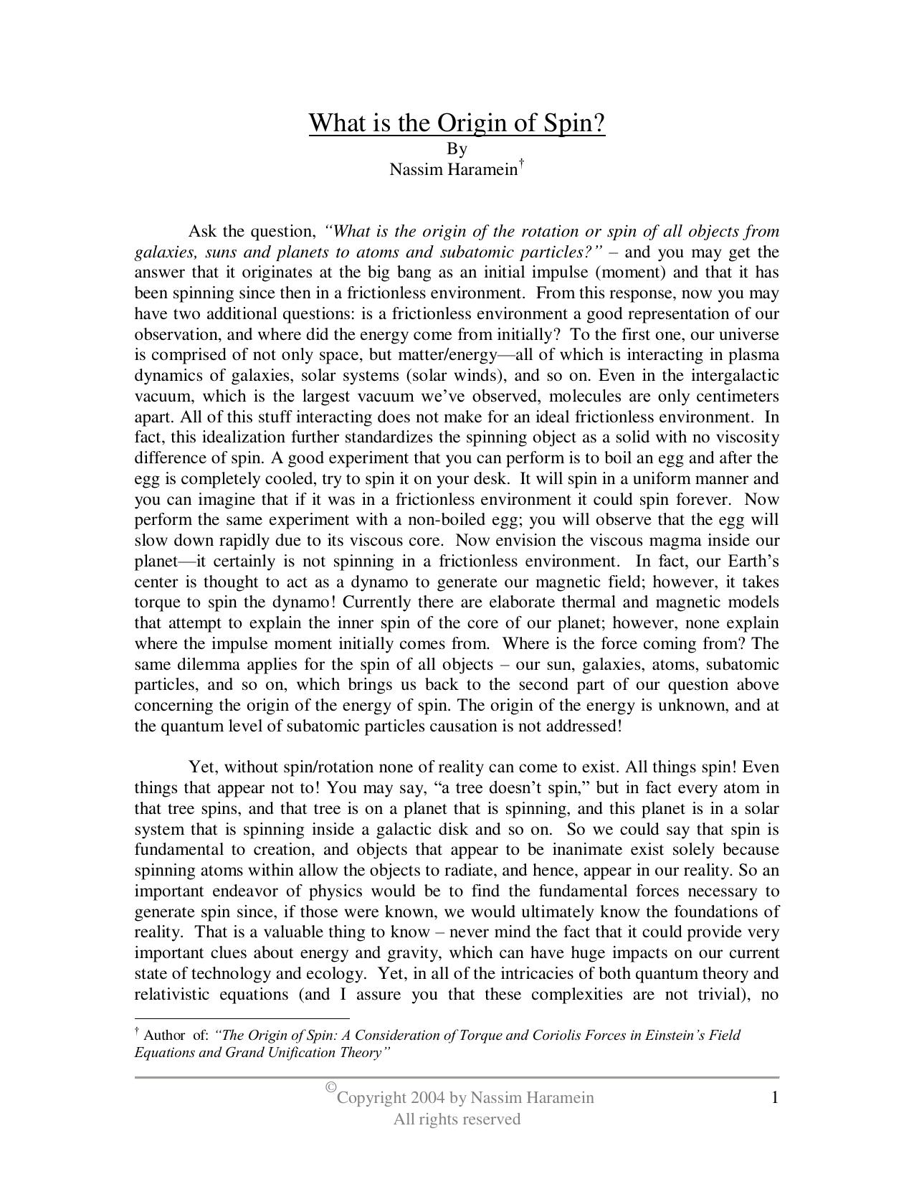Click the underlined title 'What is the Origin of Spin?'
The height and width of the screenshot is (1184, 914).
coord(457,123)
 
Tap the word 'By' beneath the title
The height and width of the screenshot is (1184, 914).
coord(457,148)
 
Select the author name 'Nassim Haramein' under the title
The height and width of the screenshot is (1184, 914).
coord(453,169)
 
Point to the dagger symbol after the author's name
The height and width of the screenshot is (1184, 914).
coord(522,163)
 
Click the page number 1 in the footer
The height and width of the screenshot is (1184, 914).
coord(774,1097)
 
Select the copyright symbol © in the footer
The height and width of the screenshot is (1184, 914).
coord(330,1088)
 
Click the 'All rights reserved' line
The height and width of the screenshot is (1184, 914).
coord(457,1119)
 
